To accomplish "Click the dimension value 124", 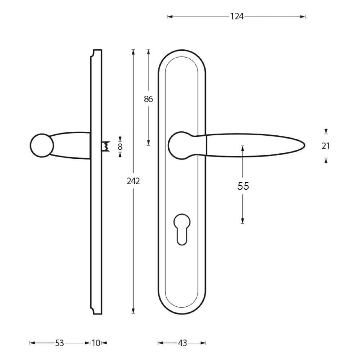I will (x=237, y=17).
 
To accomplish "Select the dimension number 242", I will (x=133, y=181).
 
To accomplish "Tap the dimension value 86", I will (x=148, y=99).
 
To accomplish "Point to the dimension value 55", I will (x=243, y=186).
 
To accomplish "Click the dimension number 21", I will (x=325, y=146).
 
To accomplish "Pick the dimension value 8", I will (x=120, y=147).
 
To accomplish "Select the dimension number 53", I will (x=60, y=343).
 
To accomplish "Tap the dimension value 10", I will (x=96, y=343).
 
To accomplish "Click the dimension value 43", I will (x=183, y=343).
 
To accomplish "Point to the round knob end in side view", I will (x=41, y=145).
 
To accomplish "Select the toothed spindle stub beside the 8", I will (x=105, y=146).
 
